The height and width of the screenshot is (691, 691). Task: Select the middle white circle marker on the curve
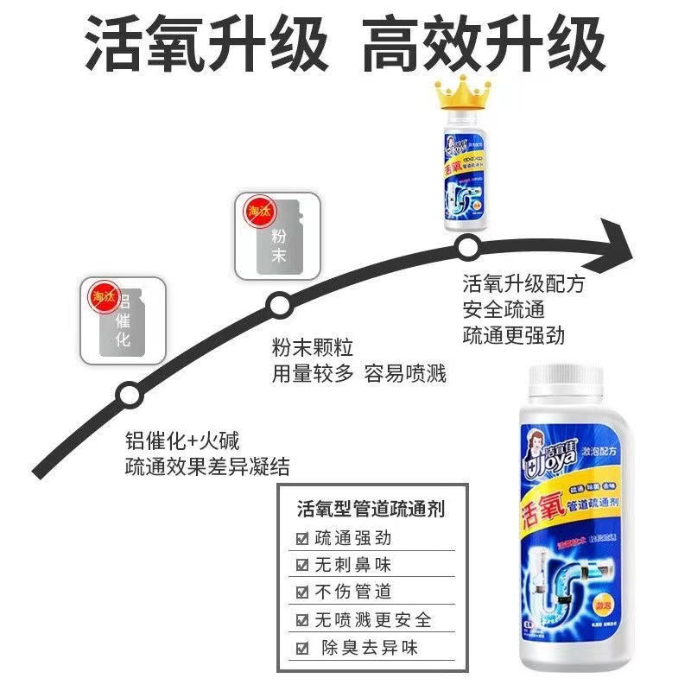[x=278, y=304]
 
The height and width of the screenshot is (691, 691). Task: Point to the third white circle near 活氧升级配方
[x=467, y=249]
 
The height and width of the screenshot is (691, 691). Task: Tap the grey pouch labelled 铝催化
[x=123, y=320]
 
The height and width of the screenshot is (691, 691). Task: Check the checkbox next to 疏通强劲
[x=302, y=538]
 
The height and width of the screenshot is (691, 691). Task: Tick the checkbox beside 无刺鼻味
[x=302, y=565]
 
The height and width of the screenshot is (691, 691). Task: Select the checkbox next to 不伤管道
[x=302, y=593]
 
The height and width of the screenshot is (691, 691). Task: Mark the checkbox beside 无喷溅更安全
[x=302, y=620]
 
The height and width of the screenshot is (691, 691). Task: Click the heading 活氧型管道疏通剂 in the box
[x=371, y=508]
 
